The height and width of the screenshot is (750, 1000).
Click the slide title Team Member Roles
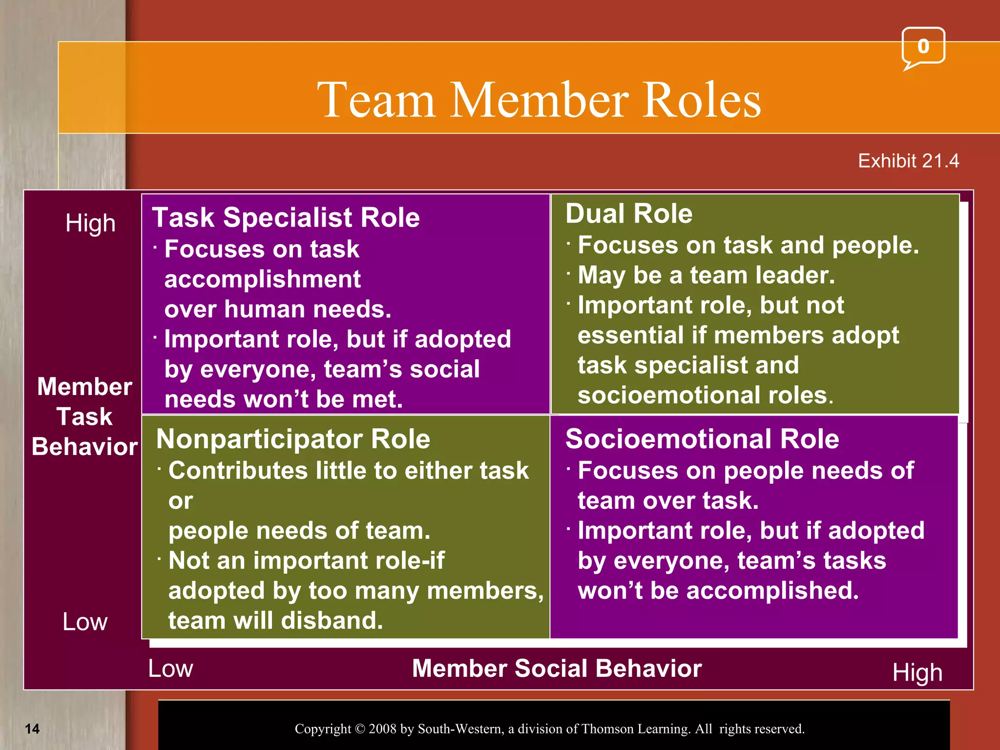coord(539,100)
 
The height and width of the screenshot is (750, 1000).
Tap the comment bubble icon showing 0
coord(923,47)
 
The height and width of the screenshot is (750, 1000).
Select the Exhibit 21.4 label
coord(908,161)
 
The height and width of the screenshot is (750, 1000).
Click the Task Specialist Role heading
coord(286,217)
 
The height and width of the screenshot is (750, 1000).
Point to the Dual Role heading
coord(629,214)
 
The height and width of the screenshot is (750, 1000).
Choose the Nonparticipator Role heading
coord(293,439)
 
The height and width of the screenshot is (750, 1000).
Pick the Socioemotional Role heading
coord(702,439)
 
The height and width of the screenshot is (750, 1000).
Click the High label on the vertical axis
coord(90,223)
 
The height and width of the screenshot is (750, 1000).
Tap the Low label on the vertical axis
coord(85,622)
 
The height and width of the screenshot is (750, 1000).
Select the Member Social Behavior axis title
coord(557,668)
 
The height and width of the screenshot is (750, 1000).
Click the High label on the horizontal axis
coord(917,673)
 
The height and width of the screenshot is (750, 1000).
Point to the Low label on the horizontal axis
coord(170,668)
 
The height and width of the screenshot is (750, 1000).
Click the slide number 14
coord(32,729)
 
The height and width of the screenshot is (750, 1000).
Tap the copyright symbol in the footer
coord(360,729)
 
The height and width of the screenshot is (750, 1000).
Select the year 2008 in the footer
coord(383,729)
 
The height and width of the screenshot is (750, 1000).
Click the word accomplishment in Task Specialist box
coord(262,279)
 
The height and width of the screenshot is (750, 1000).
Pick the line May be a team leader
coord(706,275)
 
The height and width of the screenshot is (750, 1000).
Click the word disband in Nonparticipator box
coord(332,621)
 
